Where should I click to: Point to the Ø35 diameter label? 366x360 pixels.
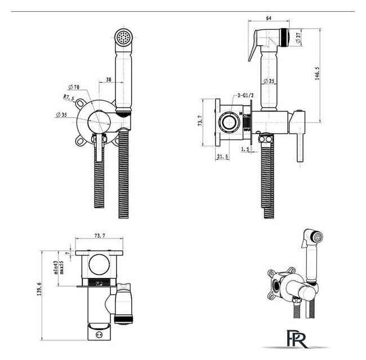(63, 115)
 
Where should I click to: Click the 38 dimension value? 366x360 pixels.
(109, 80)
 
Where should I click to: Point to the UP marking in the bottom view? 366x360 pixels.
(100, 284)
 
